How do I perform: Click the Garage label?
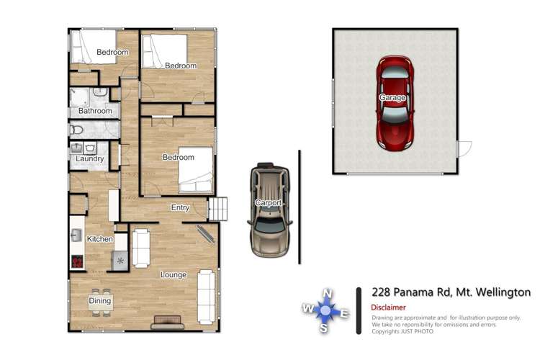[393, 97]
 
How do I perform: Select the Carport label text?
[269, 203]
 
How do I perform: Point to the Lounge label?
[174, 274]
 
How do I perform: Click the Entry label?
[180, 208]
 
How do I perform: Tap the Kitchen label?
[100, 238]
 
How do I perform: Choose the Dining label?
[100, 301]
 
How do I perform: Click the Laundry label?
[90, 159]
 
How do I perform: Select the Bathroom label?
[95, 112]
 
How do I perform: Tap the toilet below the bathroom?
[77, 130]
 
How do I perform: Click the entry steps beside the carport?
[218, 209]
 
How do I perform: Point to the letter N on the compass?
[327, 293]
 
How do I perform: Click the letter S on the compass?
[325, 328]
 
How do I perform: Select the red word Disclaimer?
[389, 307]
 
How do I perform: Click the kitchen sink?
[75, 235]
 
